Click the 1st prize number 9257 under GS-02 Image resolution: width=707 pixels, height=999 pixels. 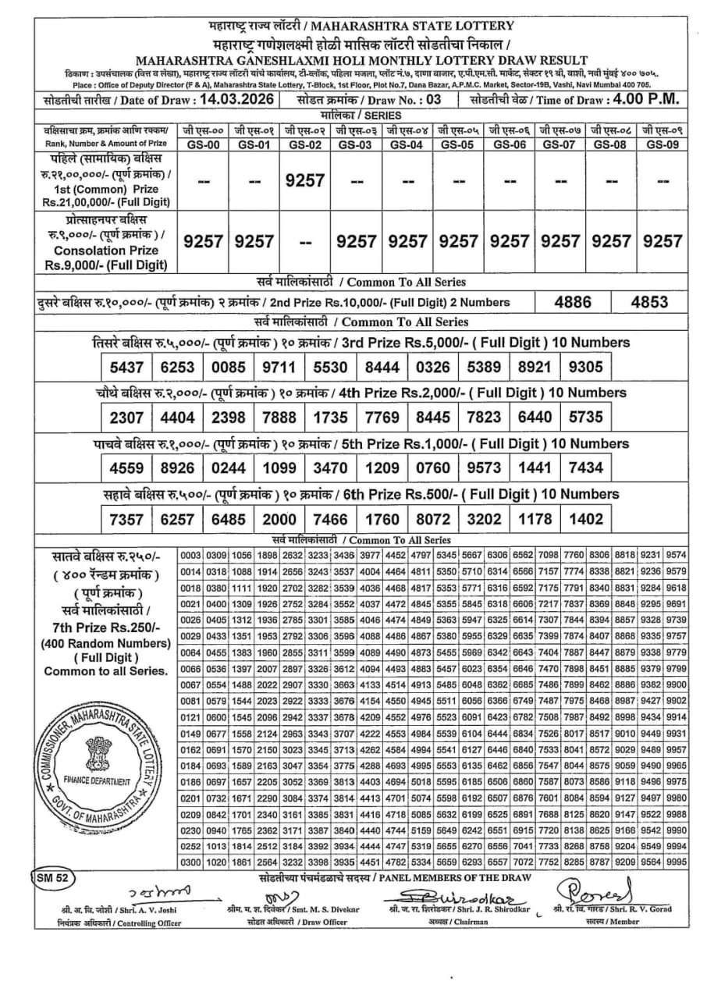coord(305,180)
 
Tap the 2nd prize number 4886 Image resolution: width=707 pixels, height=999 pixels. coord(572,302)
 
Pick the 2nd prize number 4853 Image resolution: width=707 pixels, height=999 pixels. coord(648,302)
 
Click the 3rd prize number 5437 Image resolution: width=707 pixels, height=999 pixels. coord(126,368)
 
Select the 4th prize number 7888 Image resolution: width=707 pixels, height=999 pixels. coord(279,418)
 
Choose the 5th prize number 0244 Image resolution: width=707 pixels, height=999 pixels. coord(228,468)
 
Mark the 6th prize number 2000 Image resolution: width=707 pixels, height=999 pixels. coord(279,520)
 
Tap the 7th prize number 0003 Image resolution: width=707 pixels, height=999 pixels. coord(191,556)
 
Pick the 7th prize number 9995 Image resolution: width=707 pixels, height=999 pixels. coord(677,862)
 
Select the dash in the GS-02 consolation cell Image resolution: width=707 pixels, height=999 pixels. coord(305,242)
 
